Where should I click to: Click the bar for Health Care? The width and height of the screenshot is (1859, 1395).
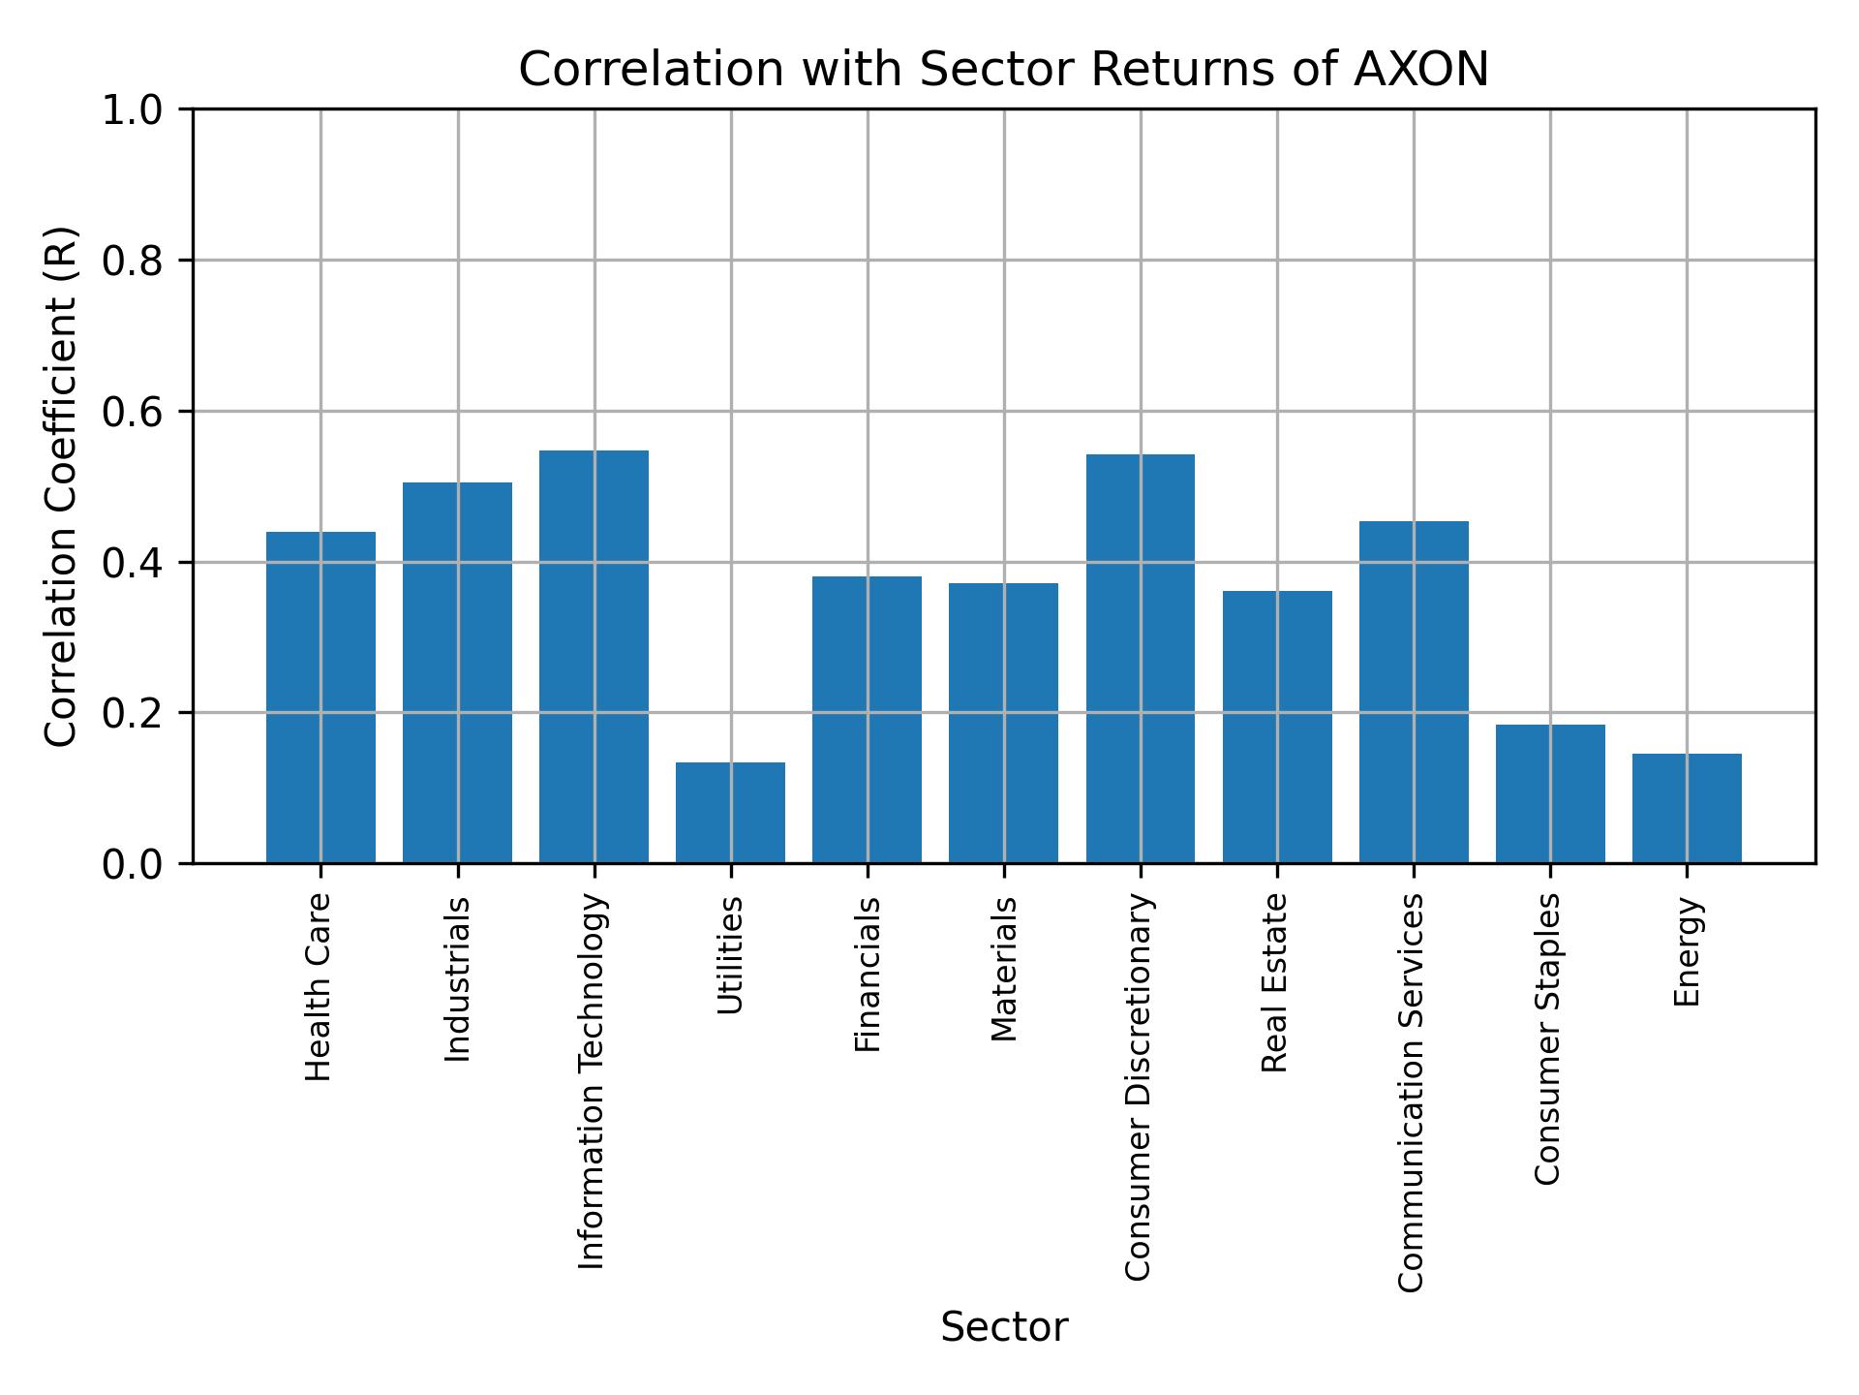click(x=320, y=697)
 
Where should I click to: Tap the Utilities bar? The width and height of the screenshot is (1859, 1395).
click(x=730, y=813)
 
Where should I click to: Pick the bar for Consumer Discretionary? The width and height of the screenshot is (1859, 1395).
click(x=1140, y=659)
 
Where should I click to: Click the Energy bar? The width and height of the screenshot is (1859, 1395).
click(x=1687, y=808)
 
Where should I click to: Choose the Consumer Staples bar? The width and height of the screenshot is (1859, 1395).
click(x=1550, y=793)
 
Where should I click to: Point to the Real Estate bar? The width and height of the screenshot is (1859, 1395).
click(x=1277, y=727)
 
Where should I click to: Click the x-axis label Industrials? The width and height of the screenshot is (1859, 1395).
click(x=457, y=979)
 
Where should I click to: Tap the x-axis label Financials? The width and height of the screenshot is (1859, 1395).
click(x=868, y=975)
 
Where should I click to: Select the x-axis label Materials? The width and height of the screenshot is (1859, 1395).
click(x=1004, y=970)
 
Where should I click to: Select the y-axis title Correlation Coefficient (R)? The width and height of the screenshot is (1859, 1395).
click(x=61, y=486)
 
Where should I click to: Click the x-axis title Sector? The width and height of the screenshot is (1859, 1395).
click(x=1004, y=1328)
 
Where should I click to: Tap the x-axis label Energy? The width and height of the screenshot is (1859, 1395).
click(x=1687, y=952)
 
